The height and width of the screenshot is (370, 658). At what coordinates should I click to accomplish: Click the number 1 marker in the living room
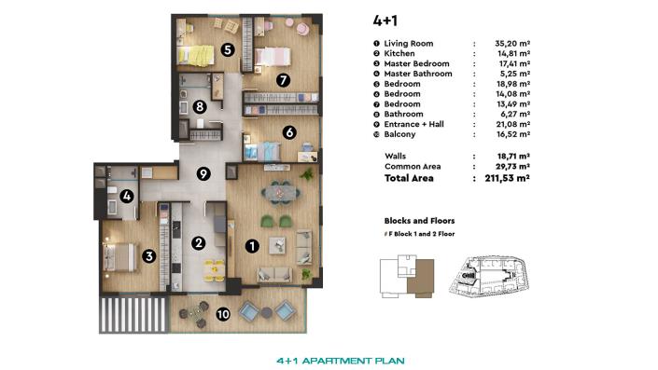250,246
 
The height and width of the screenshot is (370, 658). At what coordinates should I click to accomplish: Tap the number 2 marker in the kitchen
198,243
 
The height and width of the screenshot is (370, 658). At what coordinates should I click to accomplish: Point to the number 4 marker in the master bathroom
127,196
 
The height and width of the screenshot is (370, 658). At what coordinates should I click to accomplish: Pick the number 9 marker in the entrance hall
203,172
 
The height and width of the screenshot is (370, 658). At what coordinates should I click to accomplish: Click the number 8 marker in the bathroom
201,107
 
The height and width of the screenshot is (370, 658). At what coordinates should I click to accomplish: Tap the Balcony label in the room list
400,134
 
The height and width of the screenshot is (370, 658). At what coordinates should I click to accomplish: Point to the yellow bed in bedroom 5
195,56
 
